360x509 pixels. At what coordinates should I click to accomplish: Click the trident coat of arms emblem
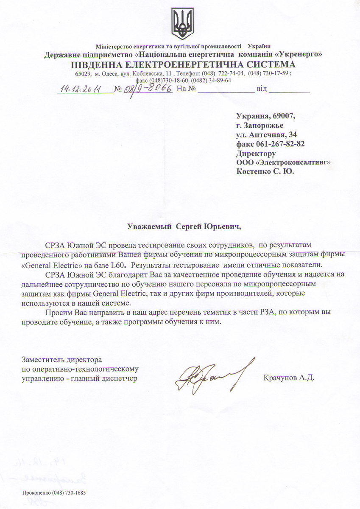pos(182,24)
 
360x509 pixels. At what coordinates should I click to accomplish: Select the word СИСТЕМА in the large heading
pos(264,64)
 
